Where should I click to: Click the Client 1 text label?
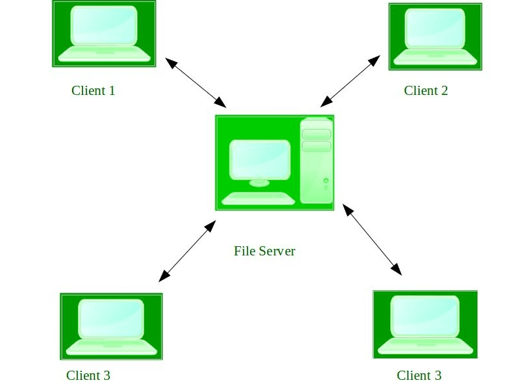point(93,90)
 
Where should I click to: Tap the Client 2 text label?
point(426,90)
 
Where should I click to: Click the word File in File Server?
point(244,251)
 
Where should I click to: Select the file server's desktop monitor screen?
point(260,159)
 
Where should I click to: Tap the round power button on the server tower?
point(325,180)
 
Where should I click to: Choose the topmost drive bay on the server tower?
point(316,134)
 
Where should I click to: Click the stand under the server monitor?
point(259,183)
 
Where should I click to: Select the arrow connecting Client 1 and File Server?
point(196,83)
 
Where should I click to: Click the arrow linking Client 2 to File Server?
point(350,81)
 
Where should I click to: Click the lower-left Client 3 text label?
point(88,375)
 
